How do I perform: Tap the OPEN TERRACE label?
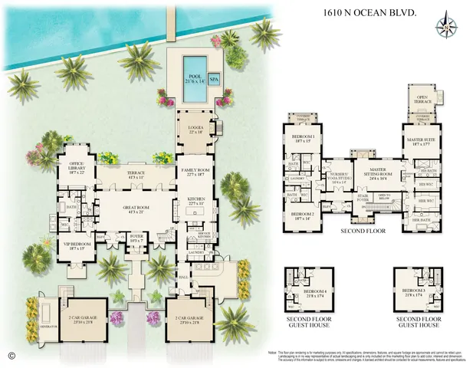tap(422, 99)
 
